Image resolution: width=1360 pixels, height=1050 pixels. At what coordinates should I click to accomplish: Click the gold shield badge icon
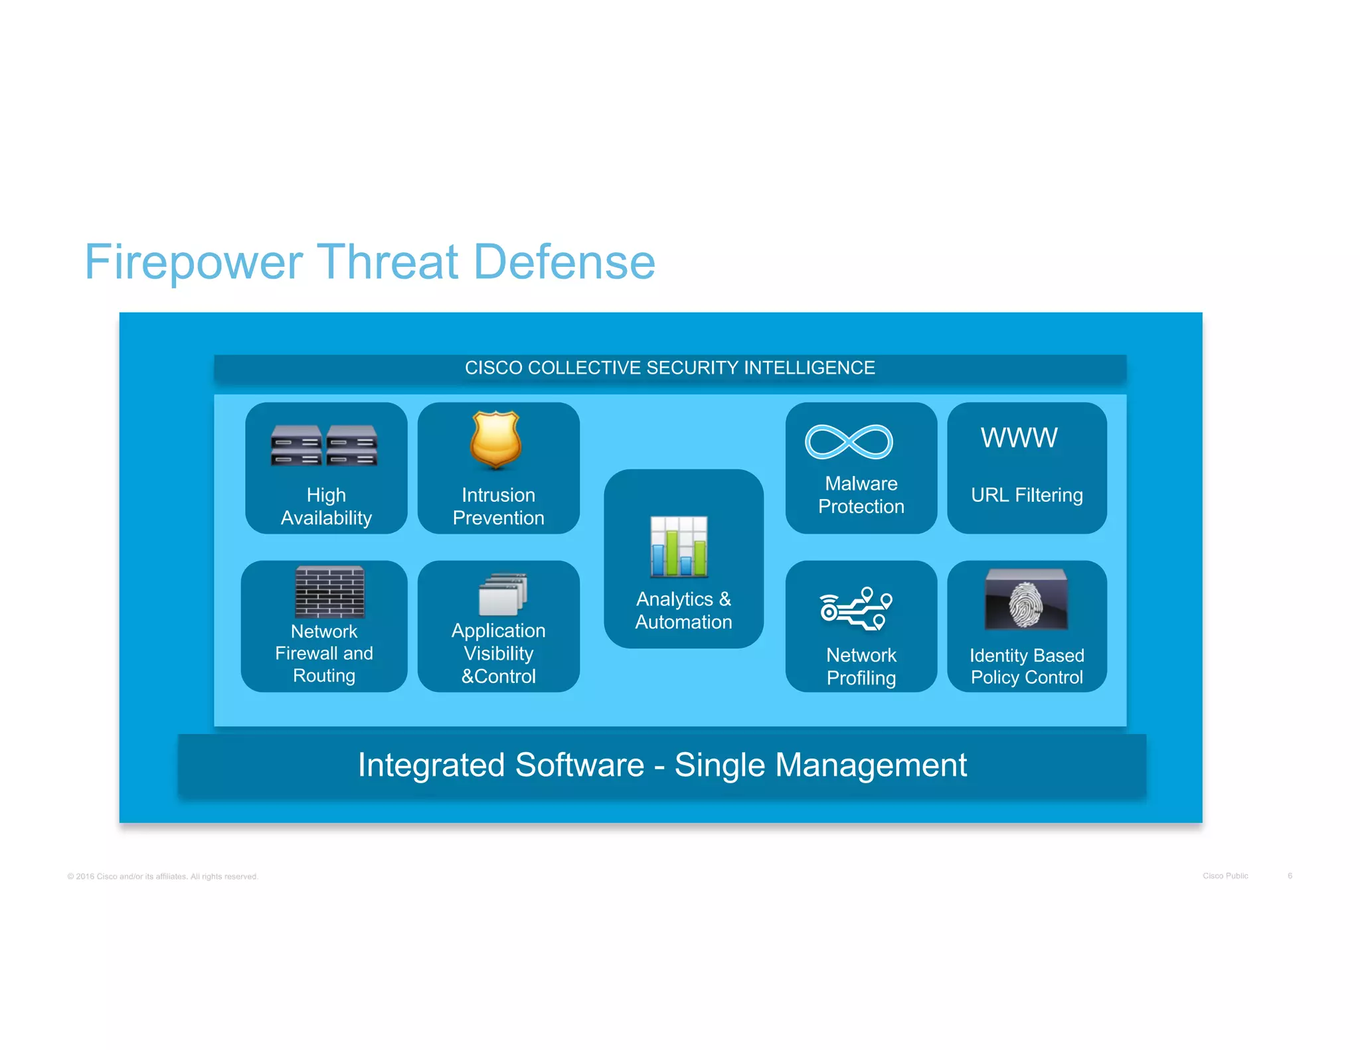495,439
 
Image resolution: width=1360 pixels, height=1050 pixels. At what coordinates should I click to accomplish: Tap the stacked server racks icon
324,445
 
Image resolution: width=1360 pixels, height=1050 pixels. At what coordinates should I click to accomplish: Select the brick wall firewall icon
329,591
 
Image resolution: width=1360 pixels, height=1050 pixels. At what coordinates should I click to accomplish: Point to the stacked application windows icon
503,594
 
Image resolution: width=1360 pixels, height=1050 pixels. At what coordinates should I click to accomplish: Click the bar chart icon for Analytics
679,546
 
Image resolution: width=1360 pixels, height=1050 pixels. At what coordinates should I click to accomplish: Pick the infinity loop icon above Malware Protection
849,442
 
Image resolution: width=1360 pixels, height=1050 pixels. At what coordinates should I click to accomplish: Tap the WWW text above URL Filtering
1019,438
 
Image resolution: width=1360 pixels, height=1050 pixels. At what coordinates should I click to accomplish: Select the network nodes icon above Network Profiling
856,609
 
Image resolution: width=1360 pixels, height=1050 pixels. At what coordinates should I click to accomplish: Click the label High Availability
326,506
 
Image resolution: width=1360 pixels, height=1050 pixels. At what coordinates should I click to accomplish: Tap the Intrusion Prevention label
498,506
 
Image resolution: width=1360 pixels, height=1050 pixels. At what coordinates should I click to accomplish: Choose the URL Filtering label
1027,495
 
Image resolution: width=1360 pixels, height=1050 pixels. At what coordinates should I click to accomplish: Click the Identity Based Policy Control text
1027,666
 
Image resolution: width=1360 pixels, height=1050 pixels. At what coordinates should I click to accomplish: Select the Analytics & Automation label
683,611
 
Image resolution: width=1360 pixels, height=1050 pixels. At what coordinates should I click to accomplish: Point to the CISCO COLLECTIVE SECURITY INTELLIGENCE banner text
669,368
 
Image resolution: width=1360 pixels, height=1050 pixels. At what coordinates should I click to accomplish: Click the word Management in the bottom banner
871,765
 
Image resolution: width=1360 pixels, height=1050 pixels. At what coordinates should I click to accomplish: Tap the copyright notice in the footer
163,877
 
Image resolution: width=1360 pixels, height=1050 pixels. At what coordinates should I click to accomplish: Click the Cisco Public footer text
1225,876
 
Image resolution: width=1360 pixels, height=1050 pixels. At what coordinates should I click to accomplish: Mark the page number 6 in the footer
1290,876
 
